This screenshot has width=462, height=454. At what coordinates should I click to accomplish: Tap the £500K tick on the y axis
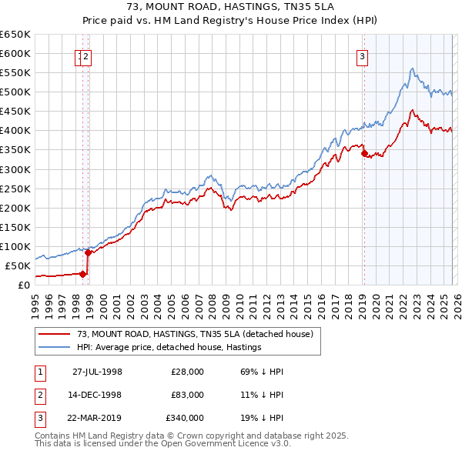[15, 92]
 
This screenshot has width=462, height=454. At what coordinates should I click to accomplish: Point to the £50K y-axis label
[18, 265]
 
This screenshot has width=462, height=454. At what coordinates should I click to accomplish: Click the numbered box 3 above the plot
[361, 55]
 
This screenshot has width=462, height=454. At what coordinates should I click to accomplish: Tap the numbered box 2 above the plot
[87, 55]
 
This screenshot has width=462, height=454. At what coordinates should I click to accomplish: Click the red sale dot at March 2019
[363, 153]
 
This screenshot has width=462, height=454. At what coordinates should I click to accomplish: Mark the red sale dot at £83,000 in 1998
[88, 252]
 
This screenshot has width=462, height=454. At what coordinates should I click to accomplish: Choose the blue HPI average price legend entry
[169, 347]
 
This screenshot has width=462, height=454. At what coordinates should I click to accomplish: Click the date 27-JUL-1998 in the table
[98, 371]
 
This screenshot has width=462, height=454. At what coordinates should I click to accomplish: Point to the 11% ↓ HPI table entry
[262, 395]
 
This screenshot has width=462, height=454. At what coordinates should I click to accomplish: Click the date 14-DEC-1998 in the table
[98, 395]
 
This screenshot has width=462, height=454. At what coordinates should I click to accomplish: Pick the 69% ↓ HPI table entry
[262, 371]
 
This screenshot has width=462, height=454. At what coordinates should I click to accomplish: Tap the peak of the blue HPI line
[413, 68]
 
